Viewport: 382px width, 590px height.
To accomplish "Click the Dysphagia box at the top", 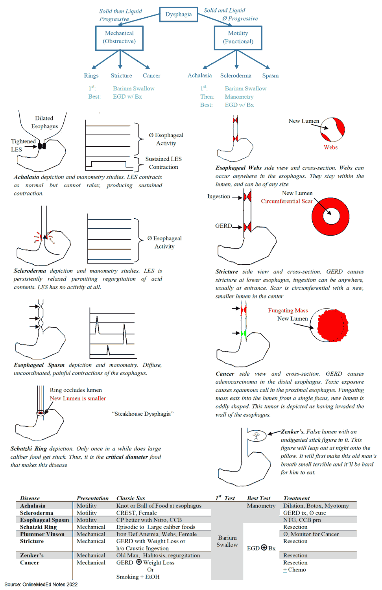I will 178,14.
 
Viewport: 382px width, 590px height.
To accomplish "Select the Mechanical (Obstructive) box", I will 119,38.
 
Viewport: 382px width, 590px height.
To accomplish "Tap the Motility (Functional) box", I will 238,38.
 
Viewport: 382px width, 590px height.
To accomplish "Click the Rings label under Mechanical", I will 91,76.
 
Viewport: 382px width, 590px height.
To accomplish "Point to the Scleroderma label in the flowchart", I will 236,76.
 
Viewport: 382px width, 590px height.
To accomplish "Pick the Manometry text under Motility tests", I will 239,97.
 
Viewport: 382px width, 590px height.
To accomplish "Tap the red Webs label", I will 330,147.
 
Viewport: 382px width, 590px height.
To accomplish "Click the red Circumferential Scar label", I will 286,201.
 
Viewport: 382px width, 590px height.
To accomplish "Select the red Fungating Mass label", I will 288,310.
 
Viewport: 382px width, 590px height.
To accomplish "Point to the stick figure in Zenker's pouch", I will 257,435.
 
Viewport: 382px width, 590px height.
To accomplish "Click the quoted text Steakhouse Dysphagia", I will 142,414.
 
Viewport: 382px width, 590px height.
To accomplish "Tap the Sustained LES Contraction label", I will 163,163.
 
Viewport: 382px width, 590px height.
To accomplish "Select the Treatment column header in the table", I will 296,498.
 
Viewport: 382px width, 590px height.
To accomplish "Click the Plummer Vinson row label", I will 42,534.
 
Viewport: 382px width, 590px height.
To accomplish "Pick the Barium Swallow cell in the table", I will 227,541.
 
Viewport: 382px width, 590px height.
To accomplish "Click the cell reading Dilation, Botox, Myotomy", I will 316,506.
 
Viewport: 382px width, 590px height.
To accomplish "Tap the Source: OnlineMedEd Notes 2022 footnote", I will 41,584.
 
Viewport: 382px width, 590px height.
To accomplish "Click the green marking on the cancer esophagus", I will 244,334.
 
